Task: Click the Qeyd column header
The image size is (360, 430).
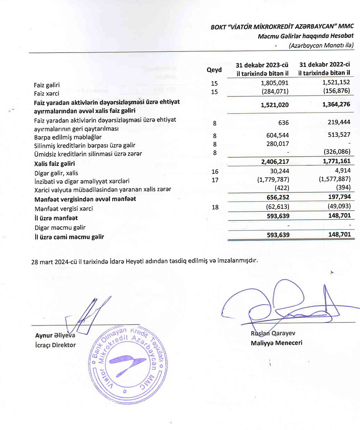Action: pos(214,70)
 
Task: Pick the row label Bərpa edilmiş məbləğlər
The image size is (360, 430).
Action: pos(68,137)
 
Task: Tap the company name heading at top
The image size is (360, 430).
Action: pos(282,26)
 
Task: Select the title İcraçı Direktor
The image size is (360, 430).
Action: pos(55,345)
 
